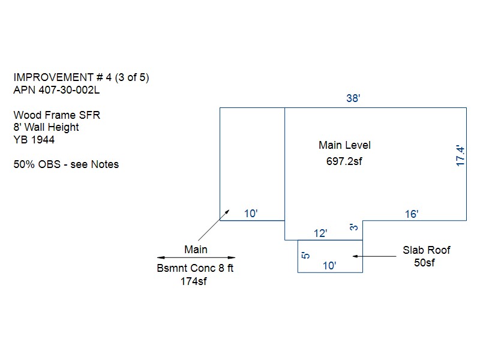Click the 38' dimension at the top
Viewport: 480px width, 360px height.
pos(353,98)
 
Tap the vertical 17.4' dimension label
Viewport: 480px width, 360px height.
pos(461,155)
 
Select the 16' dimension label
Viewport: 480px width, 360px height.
pos(411,214)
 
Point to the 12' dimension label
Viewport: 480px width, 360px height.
pos(321,233)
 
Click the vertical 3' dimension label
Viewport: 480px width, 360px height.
pos(355,227)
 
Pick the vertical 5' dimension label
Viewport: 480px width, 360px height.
pos(306,256)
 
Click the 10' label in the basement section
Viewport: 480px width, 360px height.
pos(251,214)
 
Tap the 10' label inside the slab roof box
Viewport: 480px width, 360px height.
pos(330,265)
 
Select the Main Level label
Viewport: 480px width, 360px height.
pos(344,145)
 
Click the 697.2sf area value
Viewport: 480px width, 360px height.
pos(344,161)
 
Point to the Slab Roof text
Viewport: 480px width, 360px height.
pos(426,250)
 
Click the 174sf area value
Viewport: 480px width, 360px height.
pos(194,281)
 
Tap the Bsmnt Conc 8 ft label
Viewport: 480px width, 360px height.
pos(195,268)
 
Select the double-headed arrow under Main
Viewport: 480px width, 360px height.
pos(196,258)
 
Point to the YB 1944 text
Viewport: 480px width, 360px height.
pos(34,140)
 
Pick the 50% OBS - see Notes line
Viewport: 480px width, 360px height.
pos(66,164)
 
